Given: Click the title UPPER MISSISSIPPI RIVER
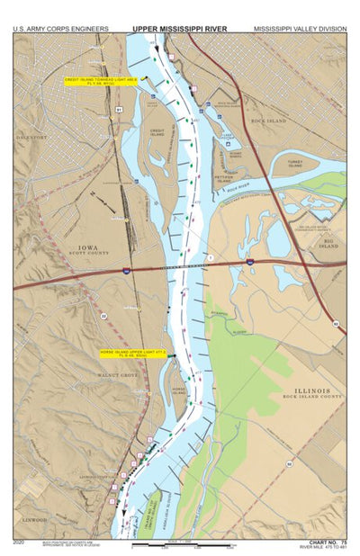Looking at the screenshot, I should [180, 29].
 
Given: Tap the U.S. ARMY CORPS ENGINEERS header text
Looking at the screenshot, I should [60, 29].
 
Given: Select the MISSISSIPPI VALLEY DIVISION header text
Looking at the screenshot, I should [299, 29].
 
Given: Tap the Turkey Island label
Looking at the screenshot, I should [294, 164].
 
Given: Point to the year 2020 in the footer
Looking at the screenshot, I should [19, 543].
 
